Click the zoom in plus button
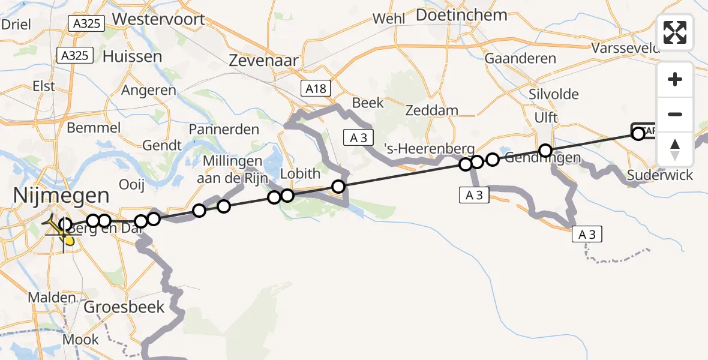tap(675, 80)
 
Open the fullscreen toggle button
tap(675, 32)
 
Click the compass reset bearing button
tap(675, 149)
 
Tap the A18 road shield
tap(314, 89)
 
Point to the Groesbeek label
tap(124, 307)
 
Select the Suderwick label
tap(659, 176)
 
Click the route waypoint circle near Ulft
tap(545, 150)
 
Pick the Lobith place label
tap(301, 174)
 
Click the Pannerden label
tap(224, 130)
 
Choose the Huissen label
tap(132, 57)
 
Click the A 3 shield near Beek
tap(359, 137)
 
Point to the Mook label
tap(80, 340)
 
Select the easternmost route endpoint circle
tap(638, 133)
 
